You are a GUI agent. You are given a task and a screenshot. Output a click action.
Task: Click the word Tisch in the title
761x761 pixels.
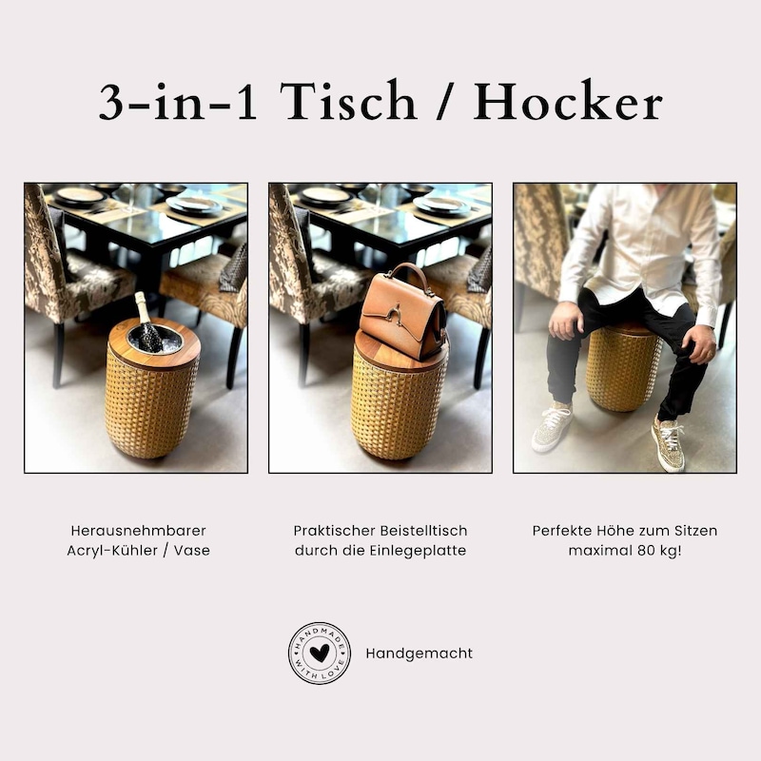coord(348,101)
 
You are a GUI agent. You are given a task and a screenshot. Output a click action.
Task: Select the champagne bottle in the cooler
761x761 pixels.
coord(147,322)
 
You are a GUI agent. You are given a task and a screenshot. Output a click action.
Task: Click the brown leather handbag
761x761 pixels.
coord(402,312)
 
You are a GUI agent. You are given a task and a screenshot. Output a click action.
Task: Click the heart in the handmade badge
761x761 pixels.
coord(320,654)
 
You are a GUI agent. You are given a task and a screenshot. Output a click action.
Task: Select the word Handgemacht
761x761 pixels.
coord(420,654)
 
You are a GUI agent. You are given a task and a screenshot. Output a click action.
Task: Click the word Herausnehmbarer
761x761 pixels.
coord(138,531)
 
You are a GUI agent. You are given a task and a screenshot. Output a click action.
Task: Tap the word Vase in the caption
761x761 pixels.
coord(192,551)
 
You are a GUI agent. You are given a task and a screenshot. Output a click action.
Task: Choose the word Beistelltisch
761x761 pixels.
coord(423,531)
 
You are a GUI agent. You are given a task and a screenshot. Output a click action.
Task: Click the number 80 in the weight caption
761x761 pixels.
coord(637,551)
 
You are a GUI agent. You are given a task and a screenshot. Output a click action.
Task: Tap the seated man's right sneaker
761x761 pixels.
coord(553,425)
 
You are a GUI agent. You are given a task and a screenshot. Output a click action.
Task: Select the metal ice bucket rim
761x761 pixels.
coord(155,340)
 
